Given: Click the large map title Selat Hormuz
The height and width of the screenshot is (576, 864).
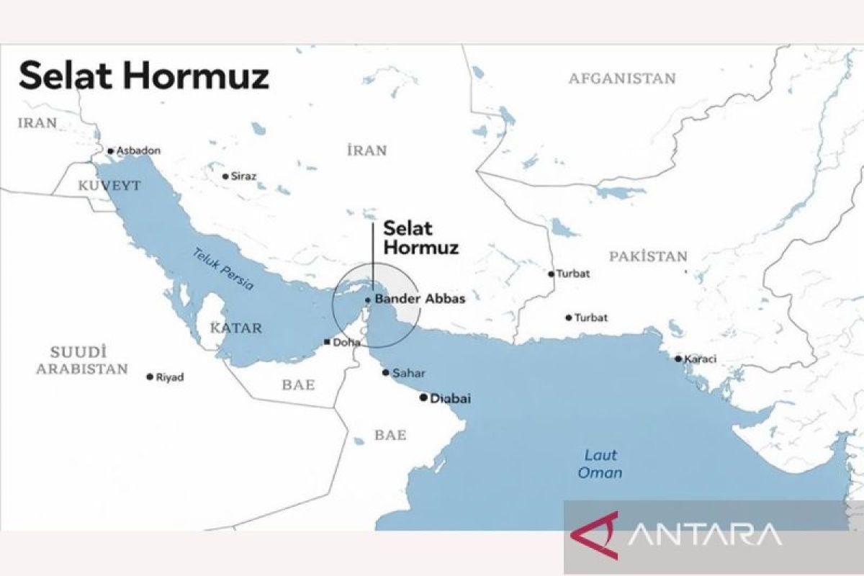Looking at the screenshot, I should [x=144, y=76].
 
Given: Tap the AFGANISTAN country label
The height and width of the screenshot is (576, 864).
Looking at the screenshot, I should [x=622, y=78].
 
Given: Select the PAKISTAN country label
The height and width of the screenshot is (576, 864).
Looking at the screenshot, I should [x=648, y=256].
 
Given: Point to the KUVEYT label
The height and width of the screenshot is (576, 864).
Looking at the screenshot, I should [x=109, y=186].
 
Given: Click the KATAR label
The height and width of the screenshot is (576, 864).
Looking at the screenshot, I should [x=235, y=328].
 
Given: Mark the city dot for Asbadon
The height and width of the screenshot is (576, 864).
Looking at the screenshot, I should [x=110, y=151].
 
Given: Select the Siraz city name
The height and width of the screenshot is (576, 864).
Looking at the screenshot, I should [x=243, y=176].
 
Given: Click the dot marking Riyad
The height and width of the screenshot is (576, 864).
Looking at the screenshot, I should [x=150, y=377].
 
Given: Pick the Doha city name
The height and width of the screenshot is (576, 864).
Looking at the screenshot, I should [x=346, y=343].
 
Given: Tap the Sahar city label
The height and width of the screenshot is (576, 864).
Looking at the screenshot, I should [x=408, y=373].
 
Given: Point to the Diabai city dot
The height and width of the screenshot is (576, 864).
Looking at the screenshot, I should [x=423, y=397].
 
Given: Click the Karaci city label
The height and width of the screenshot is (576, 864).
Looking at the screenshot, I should [x=701, y=359].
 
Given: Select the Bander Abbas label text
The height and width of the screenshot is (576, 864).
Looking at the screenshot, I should [x=420, y=299].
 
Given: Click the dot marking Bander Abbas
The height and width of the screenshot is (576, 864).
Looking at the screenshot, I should [x=368, y=300].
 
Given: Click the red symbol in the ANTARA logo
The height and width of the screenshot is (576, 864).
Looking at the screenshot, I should [x=595, y=535].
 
